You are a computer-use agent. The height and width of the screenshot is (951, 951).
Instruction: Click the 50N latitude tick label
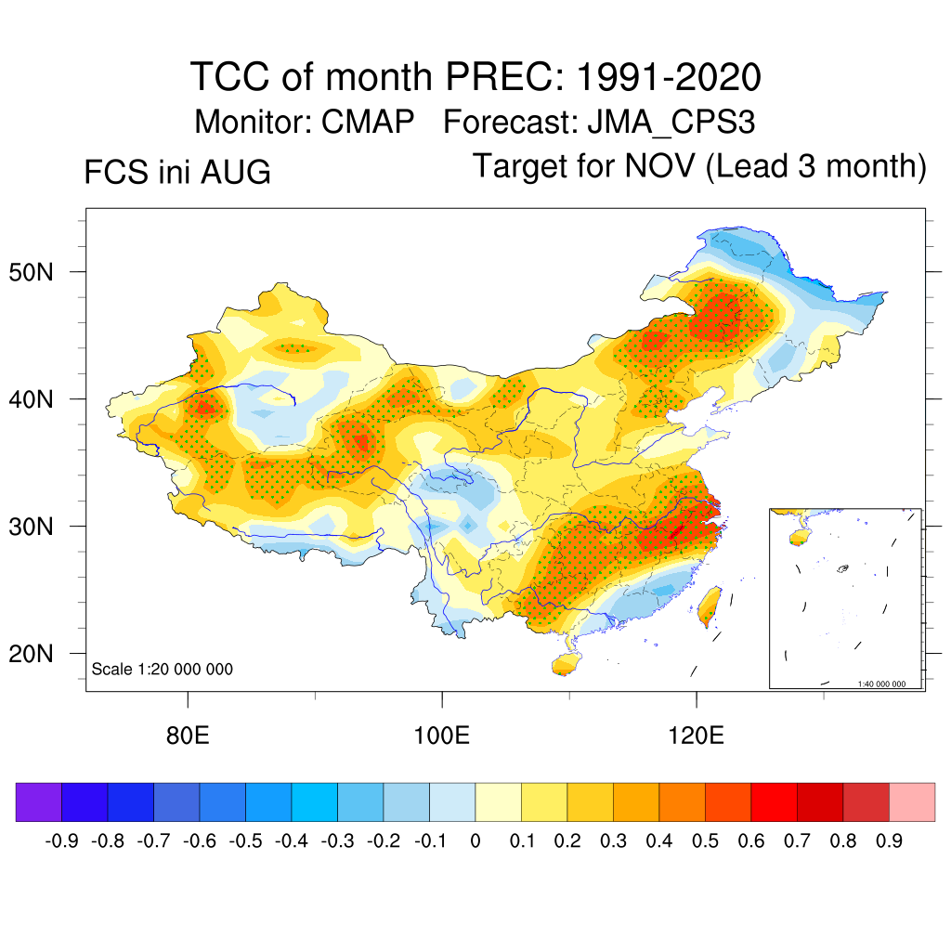pos(32,272)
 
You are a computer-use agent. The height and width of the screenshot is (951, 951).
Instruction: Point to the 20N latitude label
pos(32,654)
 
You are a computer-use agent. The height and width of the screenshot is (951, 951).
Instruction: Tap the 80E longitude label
pos(188,736)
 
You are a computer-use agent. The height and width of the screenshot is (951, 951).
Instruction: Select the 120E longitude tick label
pos(697,736)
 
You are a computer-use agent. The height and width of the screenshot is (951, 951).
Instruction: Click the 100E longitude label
pos(441,736)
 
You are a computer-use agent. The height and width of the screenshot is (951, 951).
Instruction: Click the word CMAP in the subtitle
pos(368,122)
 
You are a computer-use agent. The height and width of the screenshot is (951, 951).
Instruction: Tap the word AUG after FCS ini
pos(235,172)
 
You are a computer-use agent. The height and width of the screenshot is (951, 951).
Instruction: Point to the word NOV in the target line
pos(660,165)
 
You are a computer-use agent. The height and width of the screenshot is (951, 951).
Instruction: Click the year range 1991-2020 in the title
pos(668,77)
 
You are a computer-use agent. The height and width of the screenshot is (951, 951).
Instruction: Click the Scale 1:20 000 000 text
pos(162,669)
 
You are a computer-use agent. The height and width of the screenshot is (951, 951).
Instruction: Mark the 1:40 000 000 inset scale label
pos(881,684)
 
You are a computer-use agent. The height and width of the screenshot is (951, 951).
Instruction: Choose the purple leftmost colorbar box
pos(39,802)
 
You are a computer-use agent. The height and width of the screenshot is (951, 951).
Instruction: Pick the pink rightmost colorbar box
pos(912,802)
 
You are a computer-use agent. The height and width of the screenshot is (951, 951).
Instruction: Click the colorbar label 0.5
pos(705,841)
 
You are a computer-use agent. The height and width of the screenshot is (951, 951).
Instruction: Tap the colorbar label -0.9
pos(62,841)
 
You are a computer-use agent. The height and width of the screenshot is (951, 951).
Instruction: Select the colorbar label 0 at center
pos(475,841)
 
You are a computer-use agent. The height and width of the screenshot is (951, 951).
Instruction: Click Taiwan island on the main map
pos(710,606)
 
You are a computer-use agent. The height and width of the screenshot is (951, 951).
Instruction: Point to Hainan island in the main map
pos(566,664)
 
